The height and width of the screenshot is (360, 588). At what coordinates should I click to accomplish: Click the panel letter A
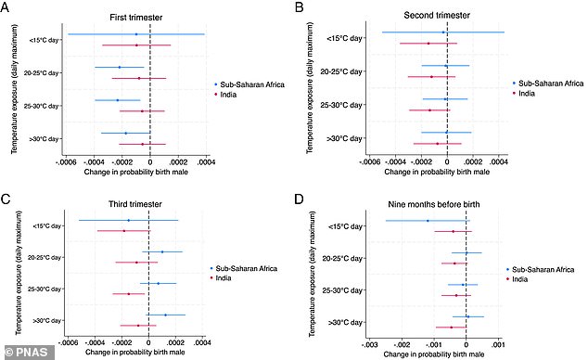pos(7,6)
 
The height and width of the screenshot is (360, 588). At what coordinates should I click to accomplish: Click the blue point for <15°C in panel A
pos(136,34)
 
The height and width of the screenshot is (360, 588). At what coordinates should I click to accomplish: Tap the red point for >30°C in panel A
pos(142,144)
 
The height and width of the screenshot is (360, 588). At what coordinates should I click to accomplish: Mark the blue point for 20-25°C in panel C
pos(162,251)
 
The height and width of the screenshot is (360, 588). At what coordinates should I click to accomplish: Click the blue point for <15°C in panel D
pos(428,221)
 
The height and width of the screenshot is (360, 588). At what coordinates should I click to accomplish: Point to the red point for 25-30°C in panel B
pos(429,110)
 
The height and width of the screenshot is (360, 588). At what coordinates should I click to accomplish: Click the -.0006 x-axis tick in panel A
pos(67,161)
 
